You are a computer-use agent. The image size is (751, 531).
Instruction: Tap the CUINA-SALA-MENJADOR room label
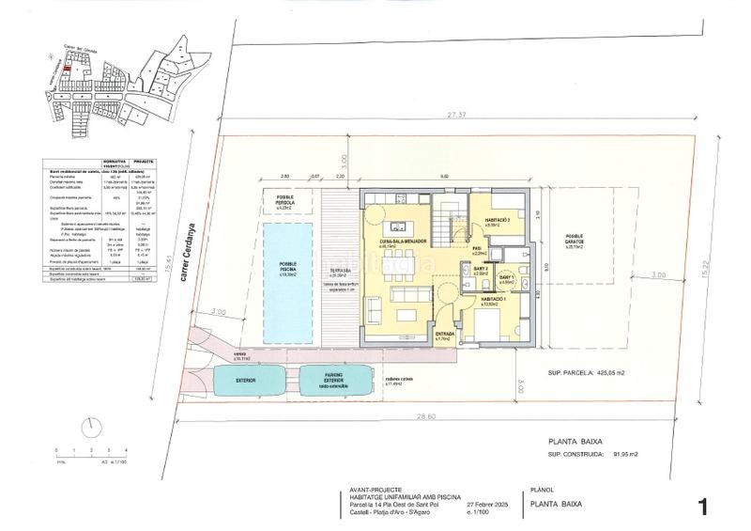click(406, 242)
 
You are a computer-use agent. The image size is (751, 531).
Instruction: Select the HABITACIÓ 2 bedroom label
click(498, 222)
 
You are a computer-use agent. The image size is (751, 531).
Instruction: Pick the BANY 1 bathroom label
click(505, 279)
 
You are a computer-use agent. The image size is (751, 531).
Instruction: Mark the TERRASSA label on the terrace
click(340, 266)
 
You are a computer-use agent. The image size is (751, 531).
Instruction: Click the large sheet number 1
click(701, 507)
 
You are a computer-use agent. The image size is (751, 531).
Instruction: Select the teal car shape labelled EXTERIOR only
click(247, 380)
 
